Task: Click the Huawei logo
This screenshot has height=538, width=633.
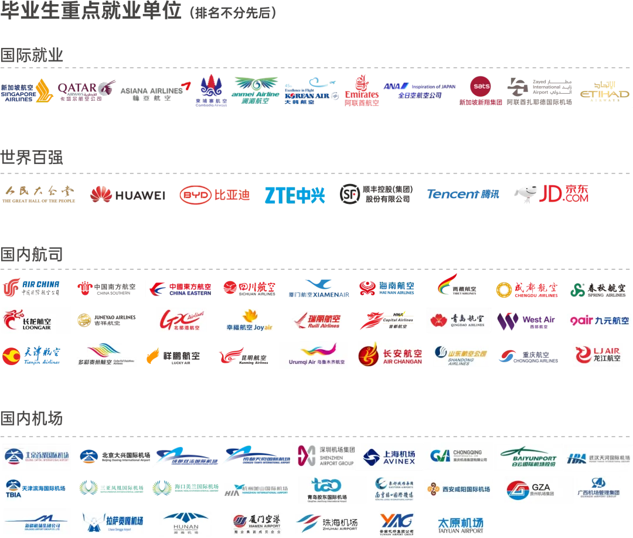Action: click(x=127, y=195)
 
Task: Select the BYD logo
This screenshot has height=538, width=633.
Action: click(x=215, y=195)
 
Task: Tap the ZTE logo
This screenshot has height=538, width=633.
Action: click(x=294, y=195)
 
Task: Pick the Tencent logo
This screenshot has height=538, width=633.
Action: click(x=462, y=195)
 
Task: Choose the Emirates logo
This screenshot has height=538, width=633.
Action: click(x=362, y=91)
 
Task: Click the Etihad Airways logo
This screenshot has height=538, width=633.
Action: click(x=604, y=91)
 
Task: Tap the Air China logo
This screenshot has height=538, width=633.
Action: click(x=31, y=288)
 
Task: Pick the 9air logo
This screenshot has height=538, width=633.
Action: click(x=598, y=321)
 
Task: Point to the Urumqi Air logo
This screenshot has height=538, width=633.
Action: click(x=313, y=355)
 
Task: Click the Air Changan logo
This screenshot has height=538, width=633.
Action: click(x=390, y=355)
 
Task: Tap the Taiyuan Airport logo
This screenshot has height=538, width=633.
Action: click(x=461, y=525)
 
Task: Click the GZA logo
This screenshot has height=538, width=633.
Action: click(x=539, y=489)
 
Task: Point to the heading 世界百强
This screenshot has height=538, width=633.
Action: click(x=32, y=157)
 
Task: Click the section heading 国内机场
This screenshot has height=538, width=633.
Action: click(x=32, y=418)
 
